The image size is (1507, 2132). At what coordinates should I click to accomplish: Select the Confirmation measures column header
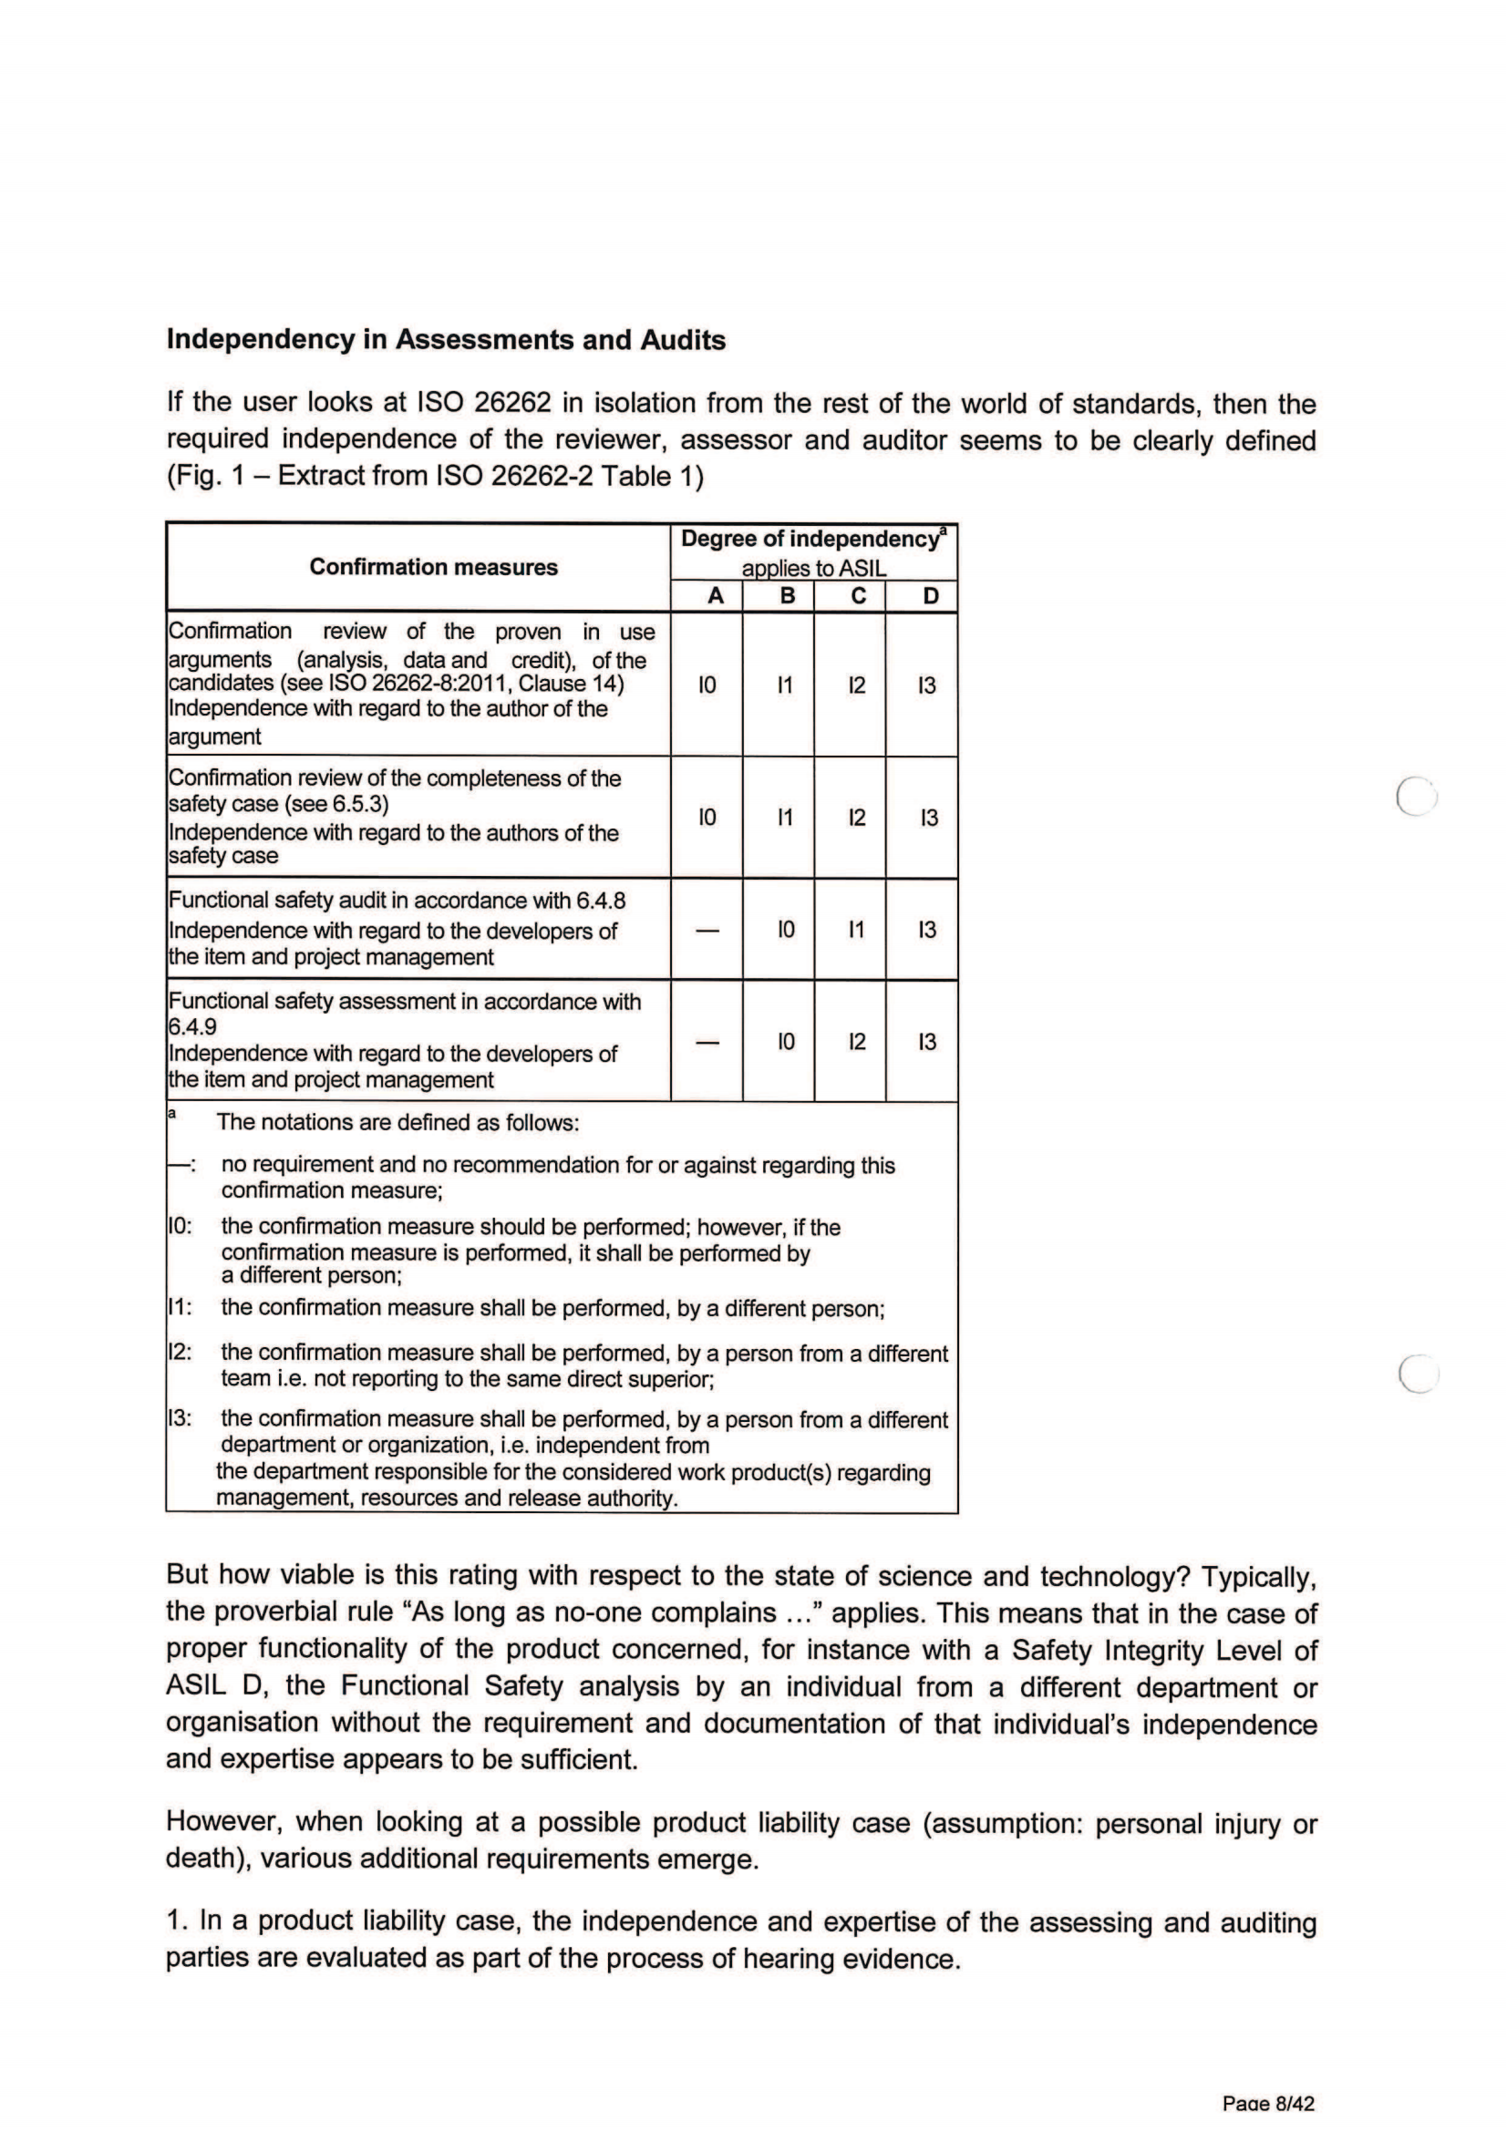pyautogui.click(x=433, y=567)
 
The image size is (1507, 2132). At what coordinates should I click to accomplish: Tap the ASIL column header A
pyautogui.click(x=715, y=596)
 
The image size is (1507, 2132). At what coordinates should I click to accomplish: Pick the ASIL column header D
pyautogui.click(x=931, y=596)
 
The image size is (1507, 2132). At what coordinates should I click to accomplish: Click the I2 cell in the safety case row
pyautogui.click(x=856, y=818)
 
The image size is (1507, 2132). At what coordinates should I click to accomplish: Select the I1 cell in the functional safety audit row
pyautogui.click(x=856, y=930)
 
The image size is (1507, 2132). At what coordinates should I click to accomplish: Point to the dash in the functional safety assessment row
pyautogui.click(x=707, y=1043)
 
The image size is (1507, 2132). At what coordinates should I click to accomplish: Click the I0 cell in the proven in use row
pyautogui.click(x=707, y=686)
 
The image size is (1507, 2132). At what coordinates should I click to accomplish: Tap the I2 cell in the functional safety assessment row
pyautogui.click(x=856, y=1043)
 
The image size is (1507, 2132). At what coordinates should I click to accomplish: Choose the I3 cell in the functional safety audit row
pyautogui.click(x=927, y=930)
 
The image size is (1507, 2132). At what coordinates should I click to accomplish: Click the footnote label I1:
pyautogui.click(x=181, y=1307)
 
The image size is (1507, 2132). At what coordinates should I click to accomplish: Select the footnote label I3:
pyautogui.click(x=181, y=1419)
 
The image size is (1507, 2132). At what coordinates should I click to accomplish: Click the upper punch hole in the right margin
pyautogui.click(x=1417, y=796)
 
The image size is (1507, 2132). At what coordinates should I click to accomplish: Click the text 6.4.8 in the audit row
pyautogui.click(x=601, y=901)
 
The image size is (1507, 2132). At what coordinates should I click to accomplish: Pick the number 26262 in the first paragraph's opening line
pyautogui.click(x=512, y=403)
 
